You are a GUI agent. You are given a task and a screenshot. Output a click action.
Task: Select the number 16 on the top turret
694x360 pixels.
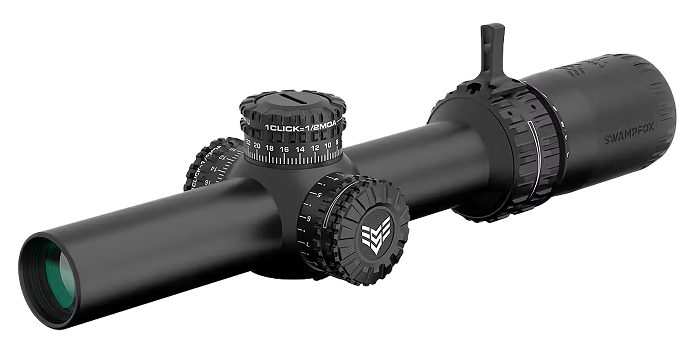coord(285,149)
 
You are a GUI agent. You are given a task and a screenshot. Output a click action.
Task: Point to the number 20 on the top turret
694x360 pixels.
coord(257,146)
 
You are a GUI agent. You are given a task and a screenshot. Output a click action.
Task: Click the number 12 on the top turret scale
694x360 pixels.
coord(315,148)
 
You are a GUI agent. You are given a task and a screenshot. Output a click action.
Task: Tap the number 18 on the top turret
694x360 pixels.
coord(270,148)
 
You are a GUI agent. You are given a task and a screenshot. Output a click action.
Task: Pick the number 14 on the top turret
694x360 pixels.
coord(300,149)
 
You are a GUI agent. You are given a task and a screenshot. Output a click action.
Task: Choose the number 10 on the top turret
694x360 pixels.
coord(328,145)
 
